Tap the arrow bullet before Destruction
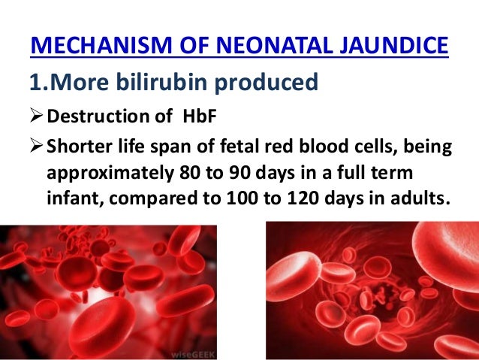(37, 116)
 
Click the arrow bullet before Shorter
(37, 147)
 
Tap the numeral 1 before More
(35, 82)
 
